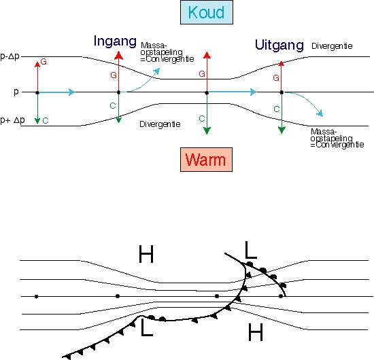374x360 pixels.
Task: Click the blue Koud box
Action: pos(207,12)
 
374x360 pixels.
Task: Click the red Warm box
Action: pos(206,160)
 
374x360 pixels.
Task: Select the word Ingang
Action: pos(115,41)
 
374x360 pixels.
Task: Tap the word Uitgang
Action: pos(279,45)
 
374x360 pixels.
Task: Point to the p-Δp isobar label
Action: pos(10,56)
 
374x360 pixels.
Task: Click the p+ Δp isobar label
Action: pos(12,120)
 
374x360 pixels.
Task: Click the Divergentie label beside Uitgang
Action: pos(332,46)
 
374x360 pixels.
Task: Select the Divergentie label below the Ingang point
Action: pos(160,124)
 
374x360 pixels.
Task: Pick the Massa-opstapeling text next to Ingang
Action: pos(167,52)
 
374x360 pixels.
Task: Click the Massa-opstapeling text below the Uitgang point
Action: pos(337,138)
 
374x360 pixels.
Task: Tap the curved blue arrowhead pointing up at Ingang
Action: pos(156,71)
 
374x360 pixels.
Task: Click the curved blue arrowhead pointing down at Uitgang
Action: pos(320,113)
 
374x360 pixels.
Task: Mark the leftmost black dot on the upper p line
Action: pos(37,92)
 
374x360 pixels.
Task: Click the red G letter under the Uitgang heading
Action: pos(276,78)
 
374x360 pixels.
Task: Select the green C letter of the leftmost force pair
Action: pos(46,121)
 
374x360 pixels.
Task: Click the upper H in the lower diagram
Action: pos(146,254)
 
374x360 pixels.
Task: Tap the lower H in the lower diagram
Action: pos(256,332)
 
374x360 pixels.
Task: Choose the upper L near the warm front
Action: pos(251,250)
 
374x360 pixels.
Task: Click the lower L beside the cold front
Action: pos(147,327)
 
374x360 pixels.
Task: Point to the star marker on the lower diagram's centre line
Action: pos(36,297)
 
